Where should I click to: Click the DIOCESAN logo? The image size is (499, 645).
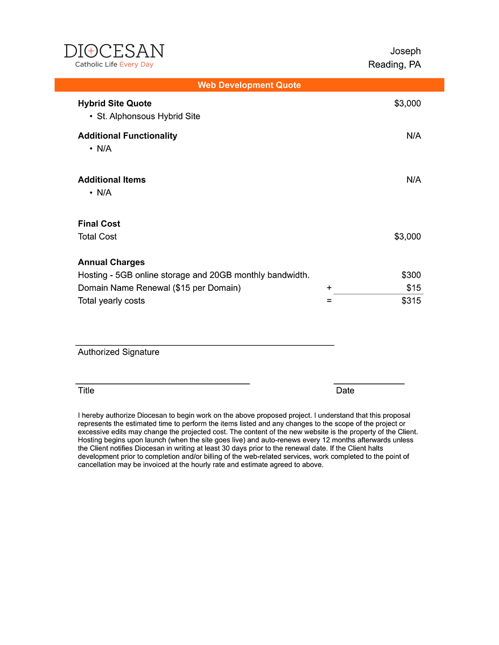pyautogui.click(x=114, y=55)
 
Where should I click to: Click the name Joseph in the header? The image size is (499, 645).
pyautogui.click(x=405, y=51)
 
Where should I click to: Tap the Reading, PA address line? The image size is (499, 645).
pyautogui.click(x=394, y=64)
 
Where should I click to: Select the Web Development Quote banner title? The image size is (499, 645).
pyautogui.click(x=249, y=85)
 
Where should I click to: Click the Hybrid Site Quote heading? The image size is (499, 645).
pyautogui.click(x=115, y=103)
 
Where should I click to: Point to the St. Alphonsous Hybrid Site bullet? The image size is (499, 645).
pyautogui.click(x=148, y=116)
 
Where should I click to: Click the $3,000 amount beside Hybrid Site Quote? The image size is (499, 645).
pyautogui.click(x=407, y=103)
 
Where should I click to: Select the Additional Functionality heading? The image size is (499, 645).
pyautogui.click(x=128, y=135)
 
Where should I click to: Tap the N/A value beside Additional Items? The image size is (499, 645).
pyautogui.click(x=413, y=180)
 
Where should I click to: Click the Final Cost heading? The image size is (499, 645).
pyautogui.click(x=99, y=224)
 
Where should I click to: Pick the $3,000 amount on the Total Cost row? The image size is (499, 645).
pyautogui.click(x=407, y=236)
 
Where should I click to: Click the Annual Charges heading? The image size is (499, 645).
pyautogui.click(x=111, y=262)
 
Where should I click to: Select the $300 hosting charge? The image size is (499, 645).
pyautogui.click(x=411, y=275)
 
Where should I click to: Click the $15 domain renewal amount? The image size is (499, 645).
pyautogui.click(x=413, y=288)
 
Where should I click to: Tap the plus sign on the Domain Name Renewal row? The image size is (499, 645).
pyautogui.click(x=329, y=288)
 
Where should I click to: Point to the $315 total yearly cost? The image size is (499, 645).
pyautogui.click(x=411, y=300)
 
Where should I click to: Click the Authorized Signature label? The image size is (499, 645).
pyautogui.click(x=118, y=352)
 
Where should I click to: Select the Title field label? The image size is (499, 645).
pyautogui.click(x=86, y=390)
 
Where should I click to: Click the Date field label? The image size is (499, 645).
pyautogui.click(x=345, y=390)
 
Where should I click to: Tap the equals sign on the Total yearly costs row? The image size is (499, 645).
pyautogui.click(x=329, y=300)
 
